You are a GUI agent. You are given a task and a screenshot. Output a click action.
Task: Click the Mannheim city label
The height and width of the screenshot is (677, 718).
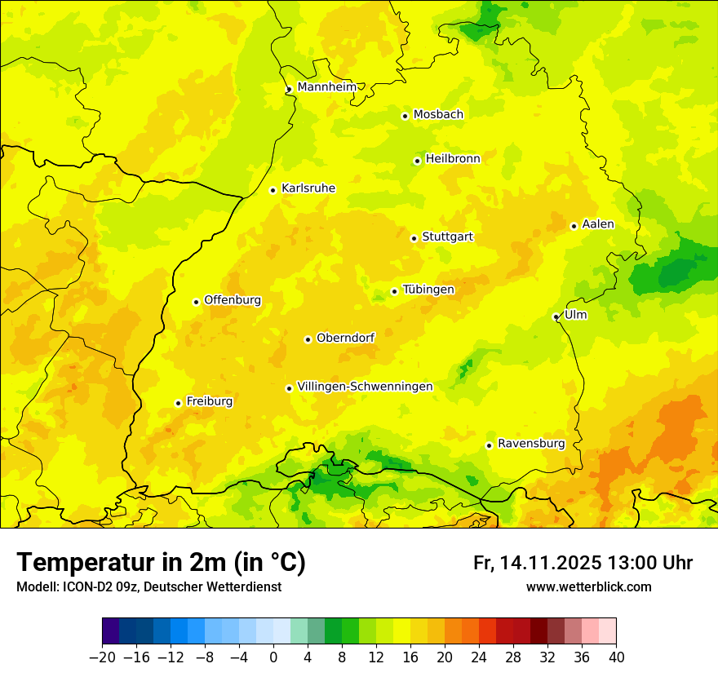(328, 86)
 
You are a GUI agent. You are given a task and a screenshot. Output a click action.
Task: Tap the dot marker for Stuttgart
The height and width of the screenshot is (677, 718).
(414, 238)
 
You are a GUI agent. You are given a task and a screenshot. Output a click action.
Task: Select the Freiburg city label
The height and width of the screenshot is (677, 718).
(209, 401)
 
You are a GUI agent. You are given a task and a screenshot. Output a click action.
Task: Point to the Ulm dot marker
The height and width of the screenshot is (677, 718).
(556, 316)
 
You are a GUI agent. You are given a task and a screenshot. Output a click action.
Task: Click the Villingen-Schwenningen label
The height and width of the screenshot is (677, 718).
(365, 387)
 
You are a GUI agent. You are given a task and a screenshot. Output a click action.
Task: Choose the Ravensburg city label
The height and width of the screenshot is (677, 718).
(530, 444)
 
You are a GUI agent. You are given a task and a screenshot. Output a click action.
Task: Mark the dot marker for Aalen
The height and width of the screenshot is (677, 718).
(574, 226)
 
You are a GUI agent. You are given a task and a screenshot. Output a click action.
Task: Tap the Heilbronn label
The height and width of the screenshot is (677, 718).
(453, 159)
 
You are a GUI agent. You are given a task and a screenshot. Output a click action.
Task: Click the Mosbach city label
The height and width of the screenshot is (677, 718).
(438, 114)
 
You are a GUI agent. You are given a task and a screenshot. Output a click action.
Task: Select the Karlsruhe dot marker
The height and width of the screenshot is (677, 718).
(273, 190)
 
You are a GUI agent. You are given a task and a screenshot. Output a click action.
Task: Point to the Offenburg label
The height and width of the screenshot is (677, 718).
(233, 300)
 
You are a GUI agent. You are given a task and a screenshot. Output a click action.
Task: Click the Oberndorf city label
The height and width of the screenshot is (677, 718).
(345, 338)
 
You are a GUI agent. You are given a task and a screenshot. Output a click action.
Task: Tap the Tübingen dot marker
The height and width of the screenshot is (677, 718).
(394, 291)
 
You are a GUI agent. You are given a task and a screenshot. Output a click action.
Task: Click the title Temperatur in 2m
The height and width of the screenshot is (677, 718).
(161, 563)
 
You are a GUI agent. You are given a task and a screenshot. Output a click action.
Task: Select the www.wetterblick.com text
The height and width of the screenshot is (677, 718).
(588, 587)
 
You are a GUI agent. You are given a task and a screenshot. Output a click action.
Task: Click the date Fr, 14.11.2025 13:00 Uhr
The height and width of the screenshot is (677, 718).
(583, 563)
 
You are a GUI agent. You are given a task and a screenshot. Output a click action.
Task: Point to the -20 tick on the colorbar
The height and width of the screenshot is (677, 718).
(102, 657)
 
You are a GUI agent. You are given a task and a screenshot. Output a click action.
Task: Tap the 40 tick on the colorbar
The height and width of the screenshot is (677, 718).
(616, 657)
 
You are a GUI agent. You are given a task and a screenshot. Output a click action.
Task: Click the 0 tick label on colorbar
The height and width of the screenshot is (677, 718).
(273, 657)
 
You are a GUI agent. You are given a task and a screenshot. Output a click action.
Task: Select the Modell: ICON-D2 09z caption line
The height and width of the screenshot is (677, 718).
(148, 587)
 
